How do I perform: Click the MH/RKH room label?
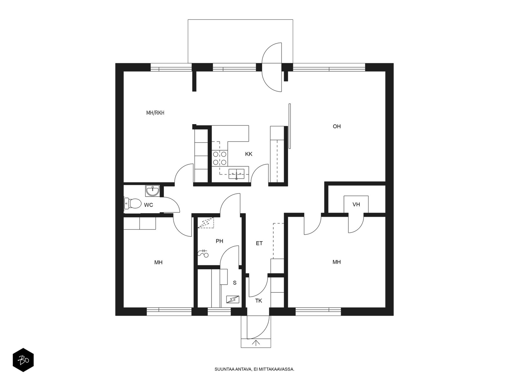point(155,113)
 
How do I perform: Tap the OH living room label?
point(337,126)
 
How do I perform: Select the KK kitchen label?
point(248,154)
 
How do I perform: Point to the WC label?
point(149,205)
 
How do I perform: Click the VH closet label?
point(356,204)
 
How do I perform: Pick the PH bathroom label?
point(220,241)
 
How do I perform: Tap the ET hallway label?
point(259,243)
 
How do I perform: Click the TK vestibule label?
point(259,301)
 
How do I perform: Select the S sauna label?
point(235,283)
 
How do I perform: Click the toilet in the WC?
point(133,204)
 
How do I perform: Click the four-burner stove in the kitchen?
point(220,158)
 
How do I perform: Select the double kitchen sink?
point(236,174)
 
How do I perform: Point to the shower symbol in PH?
point(203,253)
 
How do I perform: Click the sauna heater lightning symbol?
point(233,300)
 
